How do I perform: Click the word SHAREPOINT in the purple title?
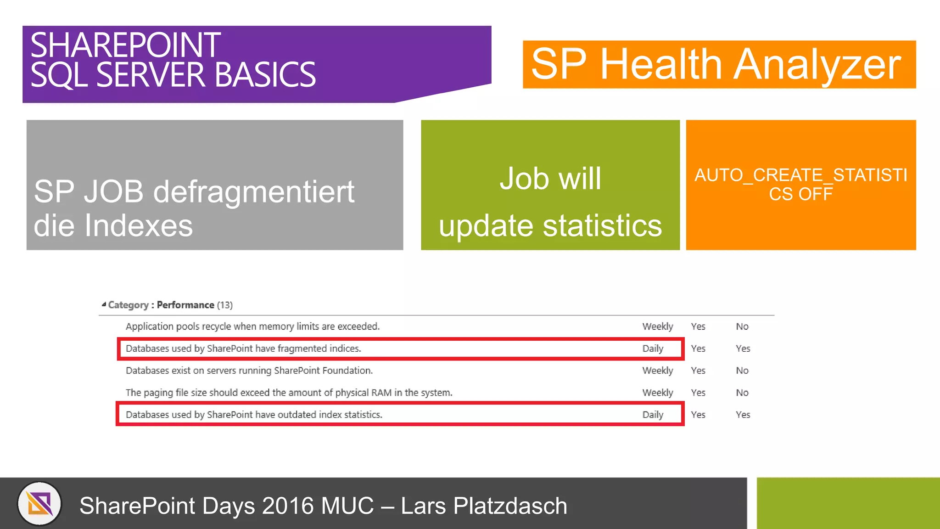tap(125, 45)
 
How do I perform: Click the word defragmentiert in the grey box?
tap(254, 192)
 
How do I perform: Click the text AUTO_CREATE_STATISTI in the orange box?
tap(801, 175)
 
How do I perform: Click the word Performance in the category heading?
tap(185, 305)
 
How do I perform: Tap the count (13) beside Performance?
tap(225, 305)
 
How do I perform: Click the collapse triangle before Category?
tap(104, 304)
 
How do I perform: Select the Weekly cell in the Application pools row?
tap(657, 326)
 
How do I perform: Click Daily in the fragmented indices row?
tap(653, 349)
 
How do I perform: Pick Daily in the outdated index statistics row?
tap(653, 415)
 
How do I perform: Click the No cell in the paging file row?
tap(742, 393)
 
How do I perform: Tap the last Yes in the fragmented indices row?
tap(743, 349)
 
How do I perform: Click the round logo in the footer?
tap(39, 504)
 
